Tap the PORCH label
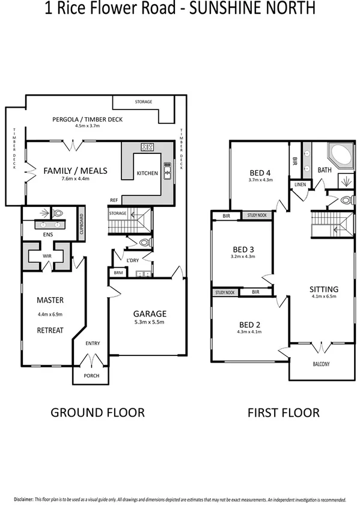point(91,375)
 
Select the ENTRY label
point(93,344)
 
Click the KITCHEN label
point(147,173)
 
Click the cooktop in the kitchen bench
point(147,146)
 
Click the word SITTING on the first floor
point(324,289)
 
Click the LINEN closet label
point(300,185)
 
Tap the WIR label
point(46,256)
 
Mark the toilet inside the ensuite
point(58,213)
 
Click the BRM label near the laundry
point(117,273)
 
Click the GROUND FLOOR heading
point(97,413)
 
